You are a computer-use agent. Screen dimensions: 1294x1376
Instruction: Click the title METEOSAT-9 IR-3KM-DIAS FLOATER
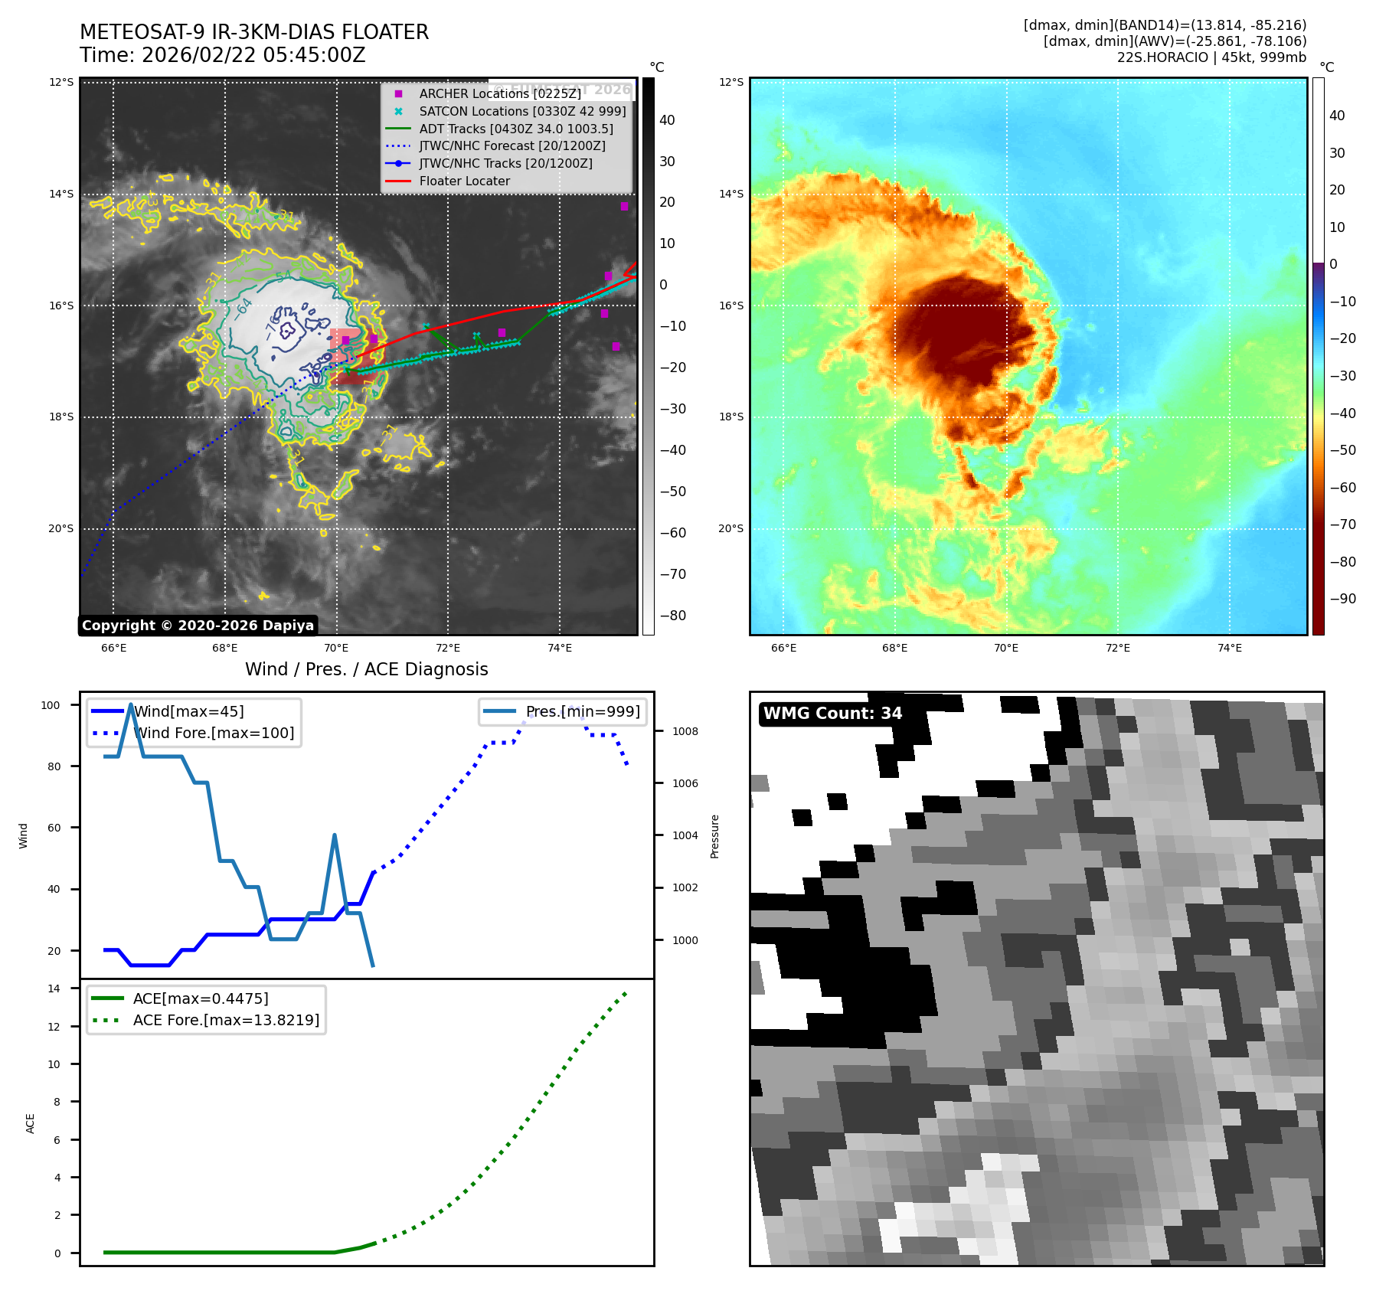point(254,32)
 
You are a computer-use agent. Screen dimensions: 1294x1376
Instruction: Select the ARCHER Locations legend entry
point(499,93)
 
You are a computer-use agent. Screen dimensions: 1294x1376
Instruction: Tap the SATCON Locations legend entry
point(522,111)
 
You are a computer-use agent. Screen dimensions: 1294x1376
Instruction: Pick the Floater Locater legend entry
point(464,181)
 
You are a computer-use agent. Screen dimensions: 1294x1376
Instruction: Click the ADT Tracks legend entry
point(515,129)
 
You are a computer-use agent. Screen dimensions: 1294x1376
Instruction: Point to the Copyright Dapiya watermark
point(198,626)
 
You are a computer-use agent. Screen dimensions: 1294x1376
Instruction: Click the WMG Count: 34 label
point(832,714)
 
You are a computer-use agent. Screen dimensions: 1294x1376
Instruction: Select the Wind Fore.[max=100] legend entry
point(214,733)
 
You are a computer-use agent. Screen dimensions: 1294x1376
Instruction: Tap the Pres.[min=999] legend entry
point(582,711)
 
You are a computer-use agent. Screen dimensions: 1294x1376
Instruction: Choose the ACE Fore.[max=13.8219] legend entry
point(226,1020)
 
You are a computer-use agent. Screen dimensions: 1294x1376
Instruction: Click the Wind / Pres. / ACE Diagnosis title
point(366,669)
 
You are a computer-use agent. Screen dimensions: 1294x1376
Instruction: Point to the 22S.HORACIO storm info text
point(1211,57)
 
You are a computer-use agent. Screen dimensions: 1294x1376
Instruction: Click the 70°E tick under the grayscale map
point(336,648)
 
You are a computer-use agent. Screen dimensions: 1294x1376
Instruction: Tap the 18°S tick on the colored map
point(730,417)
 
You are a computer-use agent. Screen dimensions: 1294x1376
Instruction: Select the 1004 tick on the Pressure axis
point(685,835)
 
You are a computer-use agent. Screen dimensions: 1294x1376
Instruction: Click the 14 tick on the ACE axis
point(54,988)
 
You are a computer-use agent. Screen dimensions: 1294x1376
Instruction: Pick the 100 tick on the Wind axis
point(51,705)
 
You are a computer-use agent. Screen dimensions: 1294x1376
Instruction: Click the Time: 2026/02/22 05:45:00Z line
point(222,55)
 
